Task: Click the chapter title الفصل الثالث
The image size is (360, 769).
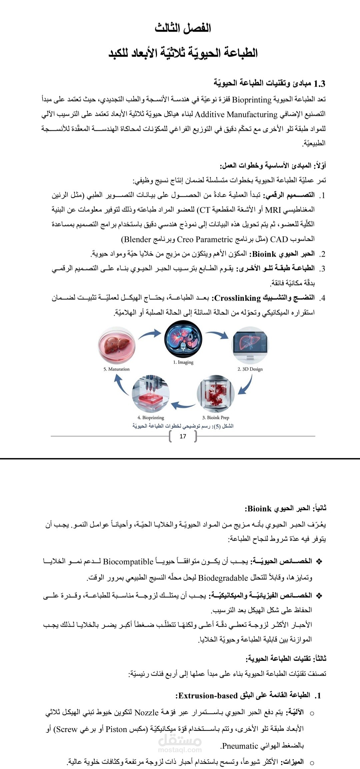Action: coord(183,28)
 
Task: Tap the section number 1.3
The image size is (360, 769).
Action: coord(319,83)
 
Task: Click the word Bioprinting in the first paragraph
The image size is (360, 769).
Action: coord(252,100)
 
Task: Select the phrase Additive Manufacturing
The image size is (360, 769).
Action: coord(236,114)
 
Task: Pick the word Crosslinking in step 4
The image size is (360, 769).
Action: coord(238,298)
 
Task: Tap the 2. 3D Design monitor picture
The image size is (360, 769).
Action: coord(250,346)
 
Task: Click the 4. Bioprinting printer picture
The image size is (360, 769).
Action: coord(151,394)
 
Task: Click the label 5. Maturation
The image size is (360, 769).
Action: coord(116,369)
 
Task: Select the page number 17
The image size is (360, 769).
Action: coord(183,436)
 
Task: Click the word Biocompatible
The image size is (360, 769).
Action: coord(128,562)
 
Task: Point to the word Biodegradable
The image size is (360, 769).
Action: coord(223,578)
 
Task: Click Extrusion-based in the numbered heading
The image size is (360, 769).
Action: coord(208,696)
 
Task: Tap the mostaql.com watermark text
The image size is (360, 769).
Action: coord(180,750)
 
